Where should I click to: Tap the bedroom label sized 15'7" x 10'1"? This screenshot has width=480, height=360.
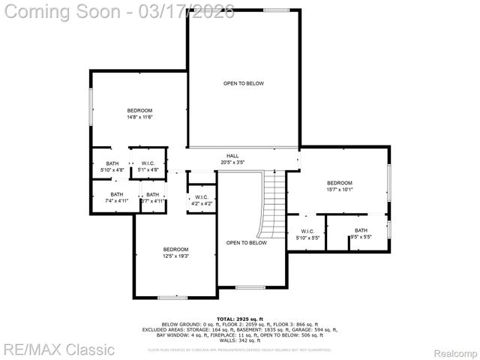point(339,187)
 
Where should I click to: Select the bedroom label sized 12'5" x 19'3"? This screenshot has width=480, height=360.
point(175,253)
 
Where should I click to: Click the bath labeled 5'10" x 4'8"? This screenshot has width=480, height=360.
point(112,167)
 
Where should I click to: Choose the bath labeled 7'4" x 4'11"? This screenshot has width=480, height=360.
point(112,198)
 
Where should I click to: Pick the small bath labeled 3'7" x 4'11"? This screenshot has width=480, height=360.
point(152,198)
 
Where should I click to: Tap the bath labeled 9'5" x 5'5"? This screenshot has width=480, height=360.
point(361,234)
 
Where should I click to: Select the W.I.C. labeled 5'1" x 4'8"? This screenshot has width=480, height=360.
point(148,167)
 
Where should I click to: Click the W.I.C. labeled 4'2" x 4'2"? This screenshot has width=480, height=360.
point(201,200)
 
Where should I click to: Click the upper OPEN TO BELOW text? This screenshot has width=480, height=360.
point(243,83)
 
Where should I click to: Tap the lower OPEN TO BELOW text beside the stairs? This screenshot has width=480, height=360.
point(247,243)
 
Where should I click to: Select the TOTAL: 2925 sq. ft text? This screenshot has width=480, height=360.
point(240,319)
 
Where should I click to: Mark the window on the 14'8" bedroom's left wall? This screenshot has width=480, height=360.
point(91,109)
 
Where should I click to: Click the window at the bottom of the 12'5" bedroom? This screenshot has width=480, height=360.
point(172,298)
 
